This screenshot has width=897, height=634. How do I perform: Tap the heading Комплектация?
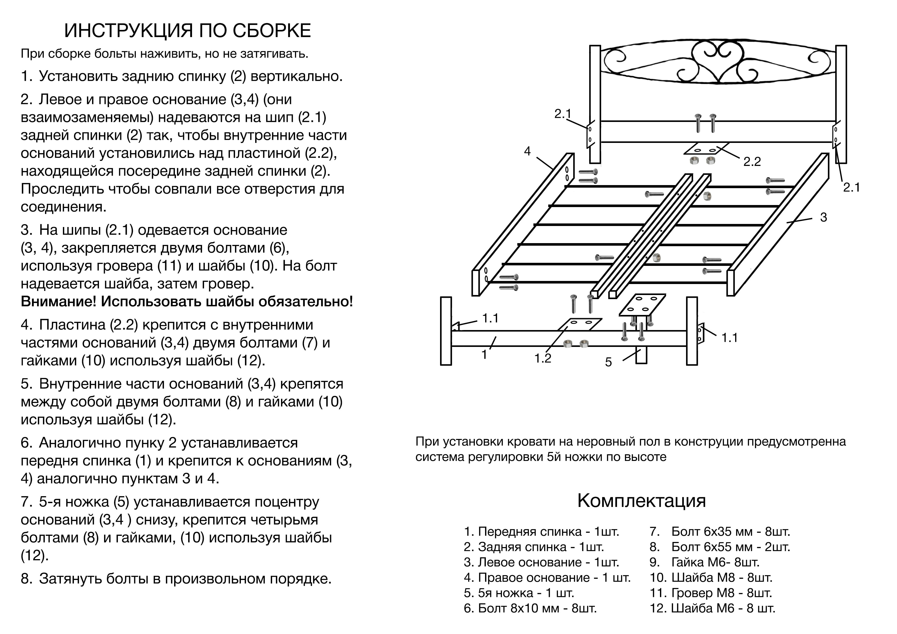point(642,500)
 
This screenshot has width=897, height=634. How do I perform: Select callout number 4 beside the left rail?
point(528,151)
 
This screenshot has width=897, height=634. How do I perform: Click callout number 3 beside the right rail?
point(824,218)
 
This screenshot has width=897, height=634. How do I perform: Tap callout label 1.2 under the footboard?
point(543,358)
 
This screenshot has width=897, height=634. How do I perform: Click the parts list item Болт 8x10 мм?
point(530,608)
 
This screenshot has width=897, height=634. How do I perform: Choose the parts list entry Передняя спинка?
point(542,532)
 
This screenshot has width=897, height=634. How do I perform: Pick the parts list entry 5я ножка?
point(519,593)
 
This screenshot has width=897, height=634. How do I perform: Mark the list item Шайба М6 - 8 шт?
point(713,608)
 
